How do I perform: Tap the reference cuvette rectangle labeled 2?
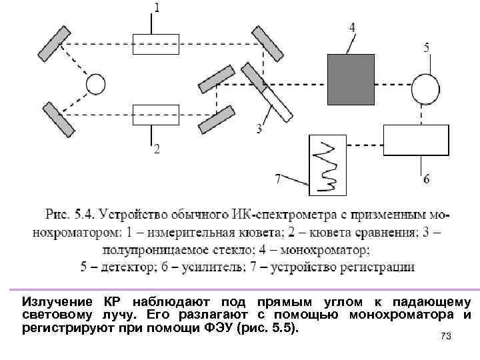(155, 115)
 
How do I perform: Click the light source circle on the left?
(95, 84)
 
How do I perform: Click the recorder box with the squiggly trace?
(328, 165)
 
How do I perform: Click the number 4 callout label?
(351, 27)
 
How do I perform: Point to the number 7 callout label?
(279, 178)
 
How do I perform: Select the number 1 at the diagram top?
(157, 8)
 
